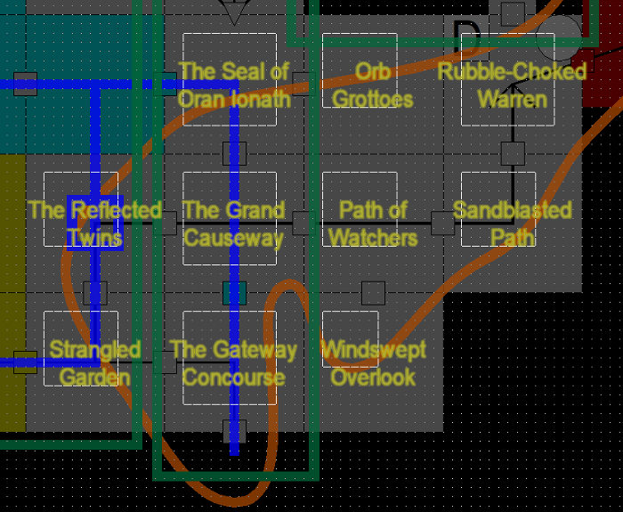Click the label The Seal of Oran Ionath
click(x=233, y=85)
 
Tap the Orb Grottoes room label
click(x=372, y=85)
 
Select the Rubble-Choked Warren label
click(x=512, y=85)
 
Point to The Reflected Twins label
click(x=94, y=223)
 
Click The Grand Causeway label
click(x=233, y=223)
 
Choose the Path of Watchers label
click(x=372, y=223)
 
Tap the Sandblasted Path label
click(x=512, y=223)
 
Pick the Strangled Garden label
click(x=94, y=362)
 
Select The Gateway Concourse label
click(x=233, y=362)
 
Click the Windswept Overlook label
click(x=372, y=362)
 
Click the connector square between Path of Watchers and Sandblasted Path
click(x=442, y=223)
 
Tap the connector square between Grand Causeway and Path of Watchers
click(x=303, y=223)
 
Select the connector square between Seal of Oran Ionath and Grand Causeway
click(x=234, y=153)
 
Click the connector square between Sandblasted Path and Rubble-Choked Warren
click(x=513, y=153)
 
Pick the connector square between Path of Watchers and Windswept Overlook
click(x=373, y=292)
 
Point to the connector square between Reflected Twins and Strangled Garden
click(x=95, y=292)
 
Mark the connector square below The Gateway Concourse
click(x=234, y=431)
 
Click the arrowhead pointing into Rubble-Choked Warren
click(x=513, y=90)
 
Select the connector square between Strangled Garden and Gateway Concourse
click(x=165, y=362)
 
